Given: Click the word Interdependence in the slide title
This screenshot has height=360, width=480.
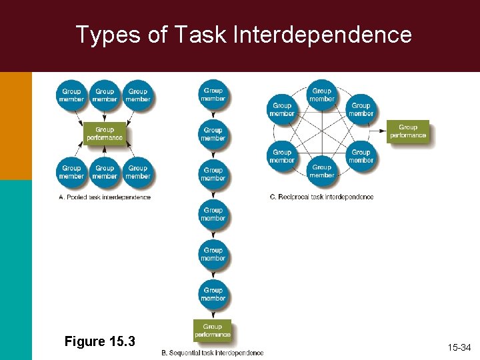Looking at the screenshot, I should (x=322, y=34).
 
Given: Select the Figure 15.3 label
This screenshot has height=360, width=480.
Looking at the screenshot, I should (x=99, y=341).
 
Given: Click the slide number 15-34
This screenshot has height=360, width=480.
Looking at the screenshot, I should (x=459, y=347).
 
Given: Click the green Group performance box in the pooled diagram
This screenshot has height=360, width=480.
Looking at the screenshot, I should (x=105, y=134).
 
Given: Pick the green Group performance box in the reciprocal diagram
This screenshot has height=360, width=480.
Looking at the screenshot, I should (x=408, y=131).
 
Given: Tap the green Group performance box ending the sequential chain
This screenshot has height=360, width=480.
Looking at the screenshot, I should (x=213, y=331).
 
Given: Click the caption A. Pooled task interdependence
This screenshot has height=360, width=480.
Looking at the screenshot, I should (x=105, y=197).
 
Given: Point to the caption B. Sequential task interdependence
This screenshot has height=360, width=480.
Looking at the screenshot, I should (x=213, y=353).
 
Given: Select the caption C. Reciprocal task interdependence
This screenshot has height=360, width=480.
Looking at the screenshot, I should (x=321, y=197).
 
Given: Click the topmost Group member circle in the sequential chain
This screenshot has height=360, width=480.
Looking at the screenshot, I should (x=213, y=95).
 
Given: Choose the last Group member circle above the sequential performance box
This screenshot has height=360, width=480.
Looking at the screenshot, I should (x=213, y=294).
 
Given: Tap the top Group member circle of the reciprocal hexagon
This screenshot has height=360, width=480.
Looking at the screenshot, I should (x=321, y=95).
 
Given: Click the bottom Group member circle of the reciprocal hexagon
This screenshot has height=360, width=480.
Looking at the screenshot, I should (x=321, y=171).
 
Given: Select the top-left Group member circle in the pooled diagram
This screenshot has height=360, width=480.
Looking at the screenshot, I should (x=71, y=95).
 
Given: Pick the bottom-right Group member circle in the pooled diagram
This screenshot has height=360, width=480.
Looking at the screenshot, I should (x=138, y=172).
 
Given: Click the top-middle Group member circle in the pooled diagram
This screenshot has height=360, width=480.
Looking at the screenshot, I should (x=105, y=95).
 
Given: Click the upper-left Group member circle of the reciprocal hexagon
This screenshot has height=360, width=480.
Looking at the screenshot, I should (x=282, y=109).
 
